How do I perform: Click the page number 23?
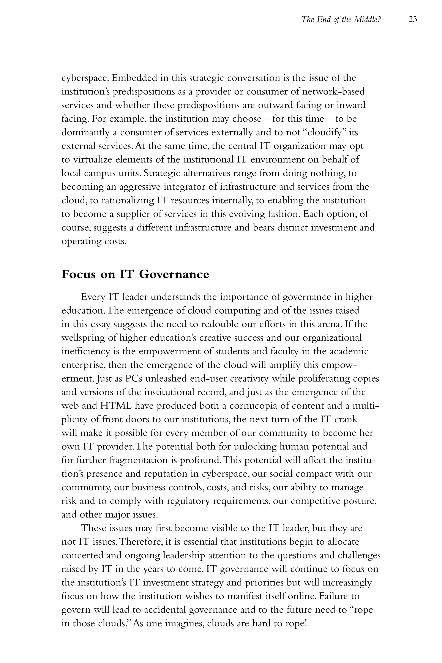coord(412,19)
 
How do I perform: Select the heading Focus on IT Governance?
coord(135,274)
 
